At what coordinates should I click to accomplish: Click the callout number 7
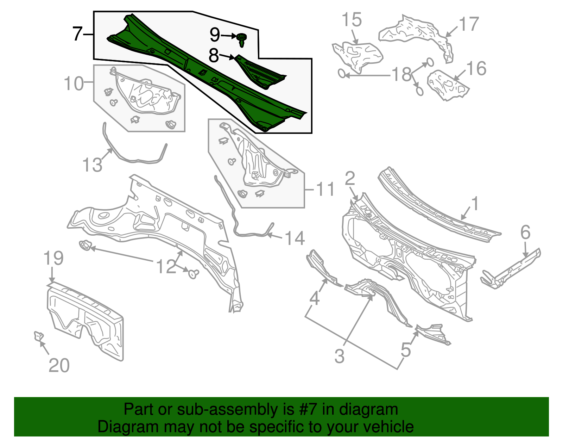tap(77, 34)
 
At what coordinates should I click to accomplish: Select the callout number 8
tap(214, 56)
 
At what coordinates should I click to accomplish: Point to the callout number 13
tap(92, 165)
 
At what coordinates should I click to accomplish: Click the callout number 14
tap(294, 238)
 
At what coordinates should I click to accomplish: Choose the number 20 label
tap(59, 365)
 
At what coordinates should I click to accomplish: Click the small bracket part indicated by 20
tap(38, 336)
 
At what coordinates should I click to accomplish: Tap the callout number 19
tap(53, 258)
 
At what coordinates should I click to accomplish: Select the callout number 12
tap(166, 266)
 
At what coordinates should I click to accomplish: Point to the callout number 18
tap(401, 74)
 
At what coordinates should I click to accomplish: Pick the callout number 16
tap(476, 69)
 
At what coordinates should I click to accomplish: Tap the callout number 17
tap(469, 24)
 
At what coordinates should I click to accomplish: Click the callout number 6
tap(525, 233)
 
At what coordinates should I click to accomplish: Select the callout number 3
tap(339, 356)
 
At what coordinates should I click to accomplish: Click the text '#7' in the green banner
tap(308, 410)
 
